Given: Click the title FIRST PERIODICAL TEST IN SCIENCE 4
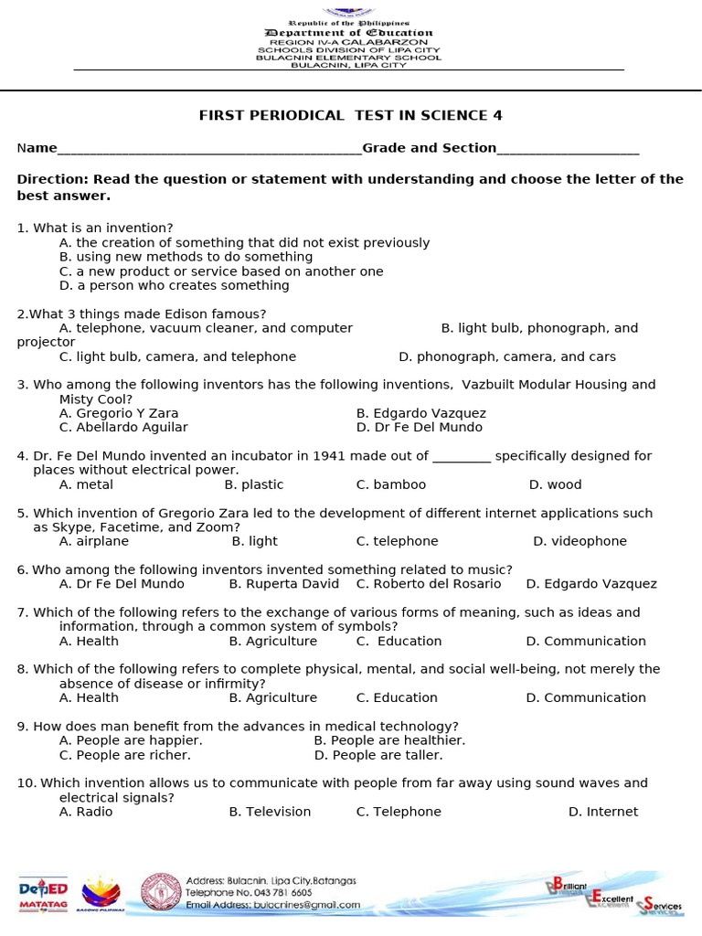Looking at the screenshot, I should [x=351, y=115].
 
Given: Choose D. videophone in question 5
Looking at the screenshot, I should [x=580, y=541].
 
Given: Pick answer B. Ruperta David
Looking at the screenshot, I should [x=283, y=583].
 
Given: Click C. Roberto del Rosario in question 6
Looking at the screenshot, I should [x=429, y=583].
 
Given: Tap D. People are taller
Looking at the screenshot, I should [x=378, y=755].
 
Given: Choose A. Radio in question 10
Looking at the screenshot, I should [x=86, y=812].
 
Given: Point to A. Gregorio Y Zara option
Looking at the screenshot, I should [x=119, y=413].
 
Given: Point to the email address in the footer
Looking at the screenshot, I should [x=272, y=905].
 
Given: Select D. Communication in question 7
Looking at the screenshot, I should [x=585, y=641].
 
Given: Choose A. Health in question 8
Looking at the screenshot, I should [x=89, y=697].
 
